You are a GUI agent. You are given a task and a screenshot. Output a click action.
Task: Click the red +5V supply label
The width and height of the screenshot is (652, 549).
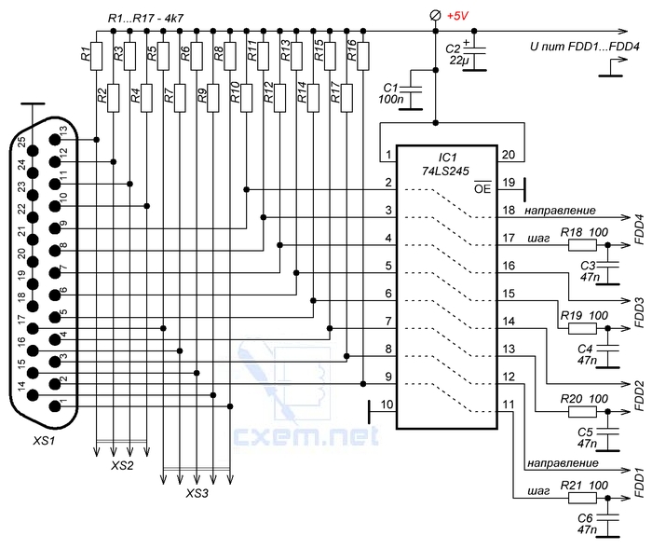point(457,16)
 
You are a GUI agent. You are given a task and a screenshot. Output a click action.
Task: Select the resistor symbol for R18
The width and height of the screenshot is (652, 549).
point(582,245)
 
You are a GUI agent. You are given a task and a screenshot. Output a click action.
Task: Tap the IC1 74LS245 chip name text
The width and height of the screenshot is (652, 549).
point(446,164)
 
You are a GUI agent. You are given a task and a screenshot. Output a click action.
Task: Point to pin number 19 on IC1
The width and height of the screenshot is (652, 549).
point(509,183)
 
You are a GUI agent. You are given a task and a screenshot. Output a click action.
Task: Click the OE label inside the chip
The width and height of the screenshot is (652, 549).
point(482,187)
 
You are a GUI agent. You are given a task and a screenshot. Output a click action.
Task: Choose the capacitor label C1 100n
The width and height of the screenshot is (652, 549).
point(391,93)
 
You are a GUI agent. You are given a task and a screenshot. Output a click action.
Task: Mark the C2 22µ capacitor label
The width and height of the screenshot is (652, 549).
point(457,54)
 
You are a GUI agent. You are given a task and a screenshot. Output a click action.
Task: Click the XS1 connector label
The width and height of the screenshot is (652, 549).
point(44,440)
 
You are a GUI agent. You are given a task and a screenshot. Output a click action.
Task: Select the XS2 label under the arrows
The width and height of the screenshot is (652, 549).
point(122,465)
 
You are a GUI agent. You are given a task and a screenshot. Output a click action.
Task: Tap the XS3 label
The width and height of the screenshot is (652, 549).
point(197,493)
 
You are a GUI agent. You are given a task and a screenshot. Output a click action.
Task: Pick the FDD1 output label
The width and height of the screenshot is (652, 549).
point(639,483)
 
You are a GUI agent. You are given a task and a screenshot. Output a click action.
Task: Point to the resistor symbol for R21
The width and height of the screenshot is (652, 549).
point(582,498)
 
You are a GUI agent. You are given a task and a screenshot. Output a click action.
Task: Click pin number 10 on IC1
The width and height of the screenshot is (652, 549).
point(387,405)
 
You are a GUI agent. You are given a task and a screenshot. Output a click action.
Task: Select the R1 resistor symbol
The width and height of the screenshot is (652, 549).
point(97,56)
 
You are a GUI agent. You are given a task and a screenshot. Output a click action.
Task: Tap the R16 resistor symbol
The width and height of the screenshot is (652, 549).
point(363,56)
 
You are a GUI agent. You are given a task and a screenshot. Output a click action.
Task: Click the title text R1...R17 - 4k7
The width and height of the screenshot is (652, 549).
point(145,19)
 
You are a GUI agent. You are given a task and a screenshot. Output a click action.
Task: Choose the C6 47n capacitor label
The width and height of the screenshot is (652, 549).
point(587,524)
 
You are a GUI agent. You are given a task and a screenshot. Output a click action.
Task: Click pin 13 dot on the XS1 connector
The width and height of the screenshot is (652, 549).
point(54,140)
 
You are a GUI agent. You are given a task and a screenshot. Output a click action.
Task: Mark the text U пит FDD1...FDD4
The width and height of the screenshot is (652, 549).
point(584,47)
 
